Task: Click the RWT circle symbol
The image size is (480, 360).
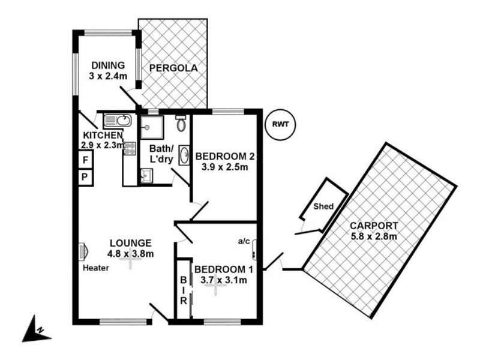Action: coord(280,125)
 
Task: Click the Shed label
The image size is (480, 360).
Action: coord(324,206)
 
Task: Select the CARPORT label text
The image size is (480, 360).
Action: coord(374,226)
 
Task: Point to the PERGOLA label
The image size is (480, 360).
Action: coord(173,67)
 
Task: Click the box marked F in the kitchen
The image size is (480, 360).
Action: coord(86,160)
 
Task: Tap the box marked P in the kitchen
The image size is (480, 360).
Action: coord(86,178)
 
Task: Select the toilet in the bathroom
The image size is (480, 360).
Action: coord(181,124)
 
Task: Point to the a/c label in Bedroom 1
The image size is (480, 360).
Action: coord(244,241)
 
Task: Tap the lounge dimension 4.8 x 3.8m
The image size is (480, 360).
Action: coord(131,253)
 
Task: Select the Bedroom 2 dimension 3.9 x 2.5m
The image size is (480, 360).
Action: coord(225,167)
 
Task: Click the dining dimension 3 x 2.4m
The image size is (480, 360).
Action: coord(107,76)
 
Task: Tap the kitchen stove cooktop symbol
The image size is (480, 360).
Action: coord(130,148)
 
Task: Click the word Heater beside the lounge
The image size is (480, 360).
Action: coord(96,268)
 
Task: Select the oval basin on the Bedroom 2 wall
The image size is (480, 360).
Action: coord(184,152)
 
